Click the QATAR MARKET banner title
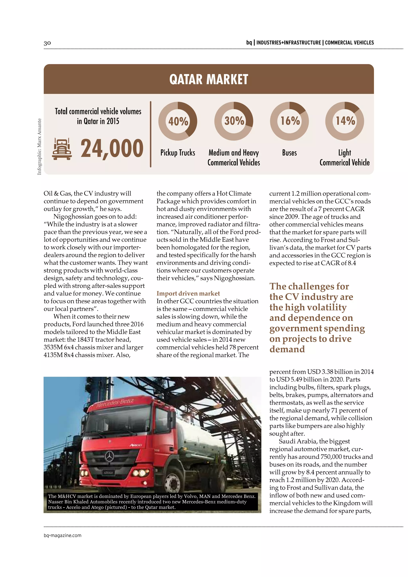pos(209,79)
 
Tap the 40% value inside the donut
pos(178,121)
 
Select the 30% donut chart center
pos(234,121)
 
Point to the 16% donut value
pos(290,121)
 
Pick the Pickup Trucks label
pos(178,153)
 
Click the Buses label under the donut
pos(289,153)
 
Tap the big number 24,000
pos(112,148)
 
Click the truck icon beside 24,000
pos(62,149)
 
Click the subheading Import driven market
pos(188,293)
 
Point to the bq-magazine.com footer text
pos(63,535)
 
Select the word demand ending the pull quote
pos(287,349)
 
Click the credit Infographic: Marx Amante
pos(39,146)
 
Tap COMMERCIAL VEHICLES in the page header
pos(349,43)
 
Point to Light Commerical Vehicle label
pos(344,158)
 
